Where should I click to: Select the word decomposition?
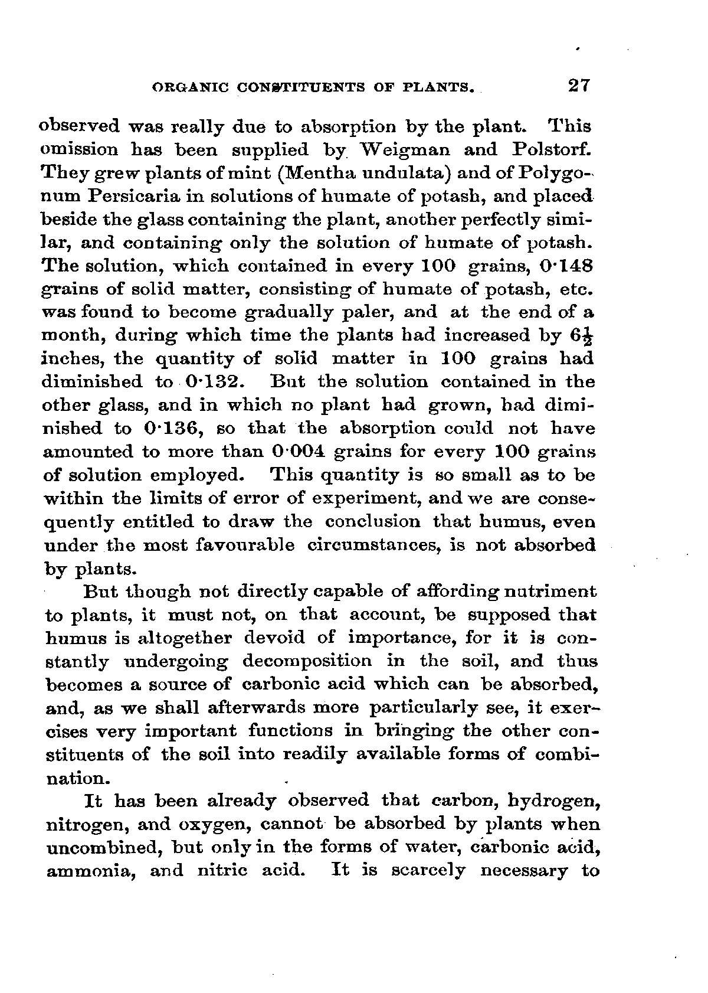click(x=307, y=661)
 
